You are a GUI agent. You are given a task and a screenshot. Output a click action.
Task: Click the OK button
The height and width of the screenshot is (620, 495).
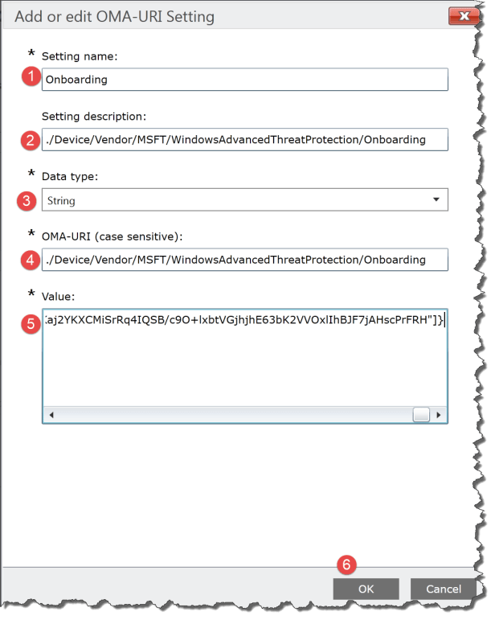coord(366,589)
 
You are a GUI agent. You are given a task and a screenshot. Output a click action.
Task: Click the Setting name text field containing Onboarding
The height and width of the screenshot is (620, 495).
coord(244,80)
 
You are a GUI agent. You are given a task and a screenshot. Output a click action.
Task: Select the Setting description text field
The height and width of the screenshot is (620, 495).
coord(244,140)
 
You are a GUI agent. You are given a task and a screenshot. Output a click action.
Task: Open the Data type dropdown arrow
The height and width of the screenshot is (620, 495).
coord(436,199)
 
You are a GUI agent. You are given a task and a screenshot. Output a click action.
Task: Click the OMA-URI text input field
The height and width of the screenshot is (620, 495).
coord(244,260)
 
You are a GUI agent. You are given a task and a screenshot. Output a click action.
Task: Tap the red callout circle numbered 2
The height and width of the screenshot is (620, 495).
coord(30,140)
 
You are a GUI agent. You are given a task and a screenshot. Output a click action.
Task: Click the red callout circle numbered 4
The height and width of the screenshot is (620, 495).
coord(30,260)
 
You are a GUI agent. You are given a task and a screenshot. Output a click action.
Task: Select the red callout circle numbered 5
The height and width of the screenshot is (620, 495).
coord(30,324)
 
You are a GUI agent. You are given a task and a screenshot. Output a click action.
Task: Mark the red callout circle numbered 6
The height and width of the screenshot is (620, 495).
coord(346,565)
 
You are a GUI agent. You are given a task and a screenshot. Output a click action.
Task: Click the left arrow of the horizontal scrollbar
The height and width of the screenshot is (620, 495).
coord(51,415)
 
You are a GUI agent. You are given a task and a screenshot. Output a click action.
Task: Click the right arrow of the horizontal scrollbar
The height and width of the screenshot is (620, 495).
coord(439,415)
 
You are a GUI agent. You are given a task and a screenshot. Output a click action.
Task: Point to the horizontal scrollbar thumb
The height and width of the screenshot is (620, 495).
coord(421,415)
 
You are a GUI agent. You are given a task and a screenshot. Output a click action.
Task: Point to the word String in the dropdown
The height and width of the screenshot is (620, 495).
coord(61,200)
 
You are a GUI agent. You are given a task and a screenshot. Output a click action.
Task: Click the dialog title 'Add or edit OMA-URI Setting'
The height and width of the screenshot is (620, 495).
coord(114,15)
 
